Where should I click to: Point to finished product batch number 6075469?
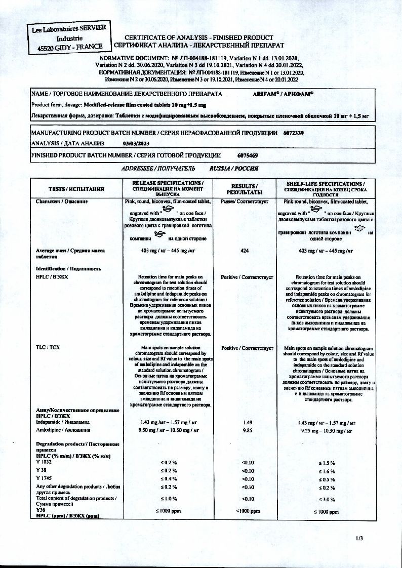[248, 155]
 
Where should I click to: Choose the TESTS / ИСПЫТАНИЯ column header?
[76, 189]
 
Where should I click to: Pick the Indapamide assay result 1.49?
[248, 422]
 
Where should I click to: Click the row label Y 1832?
[44, 462]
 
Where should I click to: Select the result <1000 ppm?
[248, 511]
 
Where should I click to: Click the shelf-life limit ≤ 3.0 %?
[328, 499]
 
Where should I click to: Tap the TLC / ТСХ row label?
[48, 347]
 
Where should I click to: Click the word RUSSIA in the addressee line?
[221, 167]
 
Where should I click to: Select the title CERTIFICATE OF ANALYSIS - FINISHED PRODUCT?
[198, 38]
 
